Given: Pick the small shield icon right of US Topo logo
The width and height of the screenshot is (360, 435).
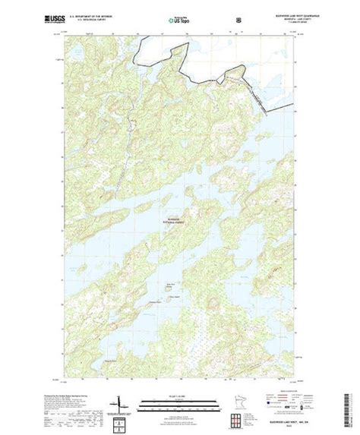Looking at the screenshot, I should (217, 15).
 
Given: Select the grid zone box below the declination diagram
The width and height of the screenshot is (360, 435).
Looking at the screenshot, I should (118, 420).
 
